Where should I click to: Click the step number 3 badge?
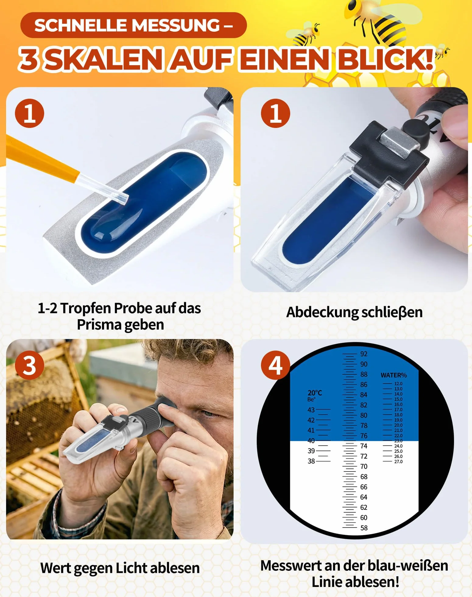tap(30, 365)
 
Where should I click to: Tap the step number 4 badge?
tap(276, 365)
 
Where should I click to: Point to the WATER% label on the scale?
tap(393, 375)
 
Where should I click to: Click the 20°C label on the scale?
tap(315, 393)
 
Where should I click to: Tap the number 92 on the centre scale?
tap(364, 354)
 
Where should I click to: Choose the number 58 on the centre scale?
tap(364, 528)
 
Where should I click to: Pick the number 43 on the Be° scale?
tap(311, 410)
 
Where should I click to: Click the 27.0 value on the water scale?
tap(398, 462)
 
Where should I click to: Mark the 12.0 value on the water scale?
tap(398, 384)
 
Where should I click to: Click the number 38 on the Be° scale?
tap(311, 461)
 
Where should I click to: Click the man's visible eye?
tap(208, 413)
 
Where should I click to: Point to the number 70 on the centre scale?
tap(364, 466)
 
